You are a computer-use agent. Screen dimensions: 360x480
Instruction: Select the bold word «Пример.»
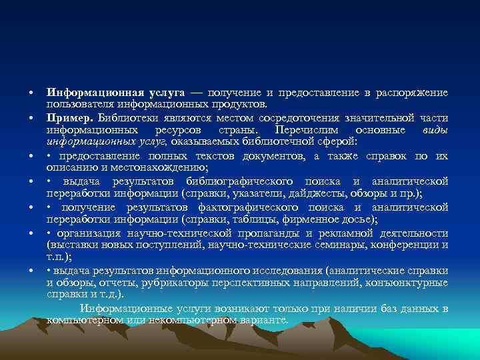tap(65, 117)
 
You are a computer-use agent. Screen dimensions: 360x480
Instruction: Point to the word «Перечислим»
tap(304, 129)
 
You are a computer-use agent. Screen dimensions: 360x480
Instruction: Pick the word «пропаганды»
tap(261, 234)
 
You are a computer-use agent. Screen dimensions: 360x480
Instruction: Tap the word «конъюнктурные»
tap(410, 283)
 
